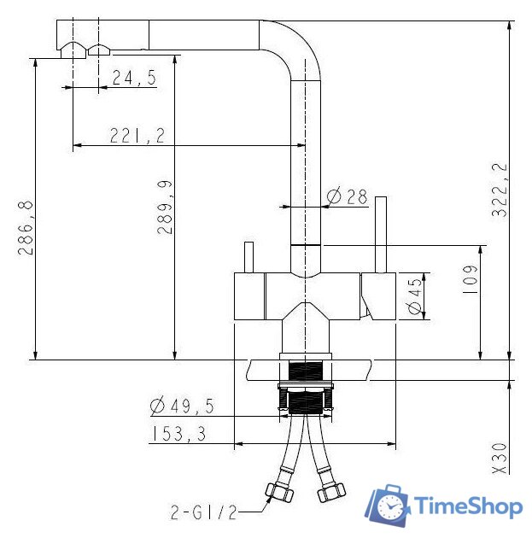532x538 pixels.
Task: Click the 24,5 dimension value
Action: click(x=134, y=78)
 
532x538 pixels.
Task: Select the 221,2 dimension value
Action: click(x=137, y=136)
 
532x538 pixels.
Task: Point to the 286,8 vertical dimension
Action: click(x=26, y=228)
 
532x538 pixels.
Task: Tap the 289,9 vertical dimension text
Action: click(x=165, y=208)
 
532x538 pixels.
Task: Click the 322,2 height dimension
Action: click(x=500, y=190)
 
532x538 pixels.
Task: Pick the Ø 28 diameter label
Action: click(x=347, y=196)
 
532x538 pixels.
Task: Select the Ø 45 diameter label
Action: click(x=415, y=296)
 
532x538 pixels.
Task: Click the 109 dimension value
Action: click(x=470, y=279)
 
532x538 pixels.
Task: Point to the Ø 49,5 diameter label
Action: click(x=182, y=406)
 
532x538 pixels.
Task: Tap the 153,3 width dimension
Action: click(x=178, y=434)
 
